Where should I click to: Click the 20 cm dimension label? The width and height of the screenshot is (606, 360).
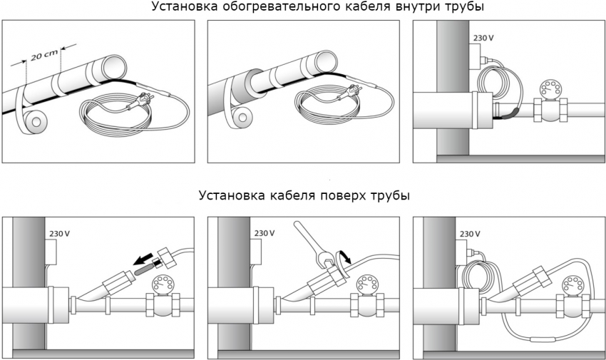(42, 56)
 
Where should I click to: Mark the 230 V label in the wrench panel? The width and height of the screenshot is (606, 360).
(265, 234)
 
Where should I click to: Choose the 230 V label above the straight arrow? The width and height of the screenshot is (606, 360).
(58, 234)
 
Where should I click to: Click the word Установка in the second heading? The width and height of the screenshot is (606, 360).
(229, 195)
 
